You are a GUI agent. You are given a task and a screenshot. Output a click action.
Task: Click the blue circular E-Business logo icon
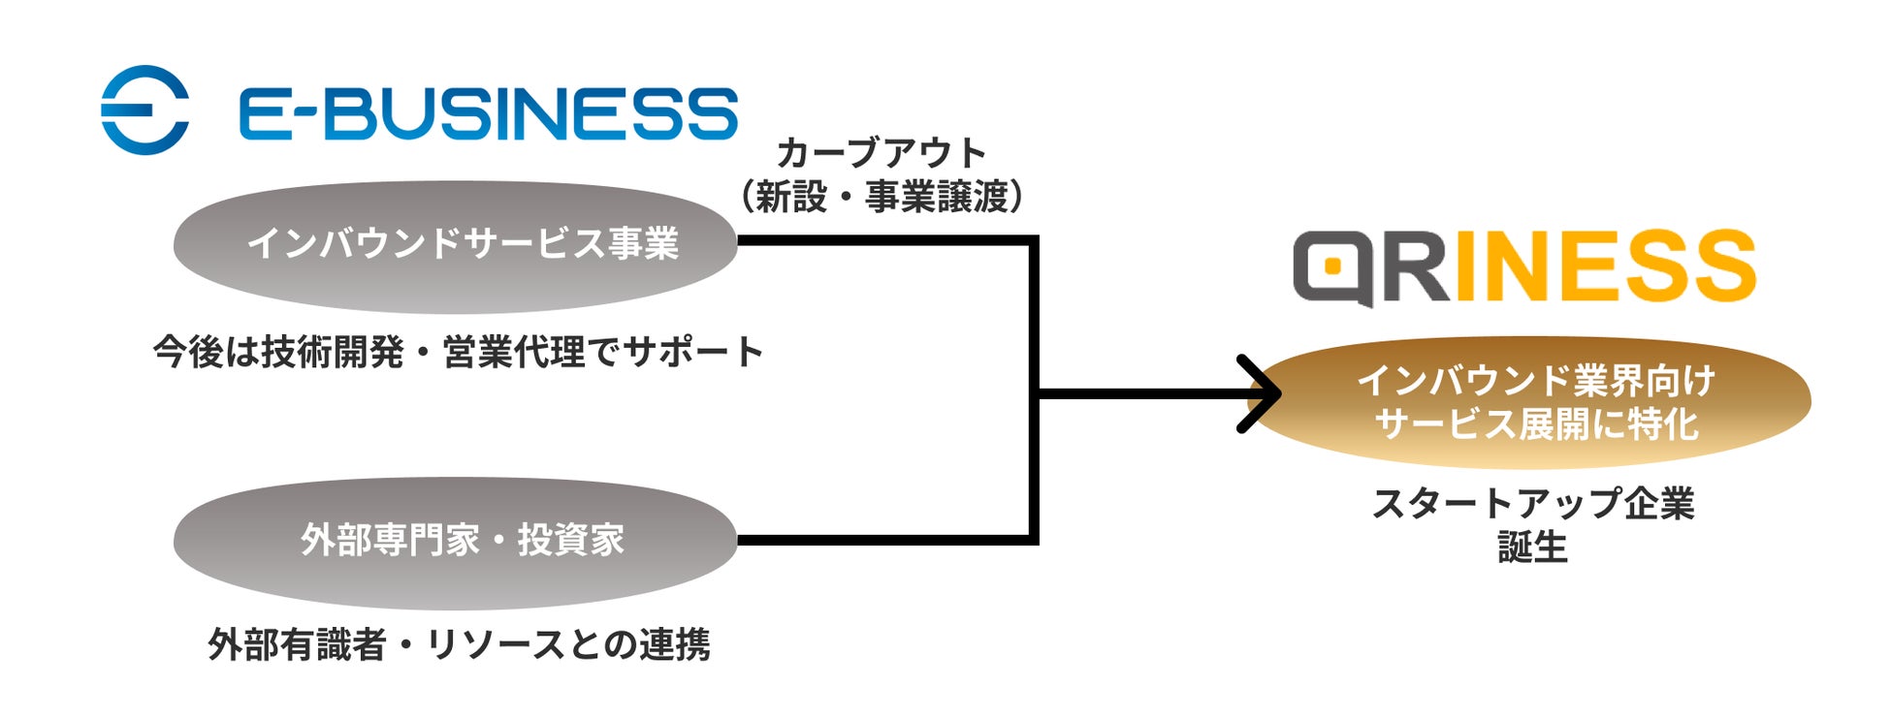point(145,109)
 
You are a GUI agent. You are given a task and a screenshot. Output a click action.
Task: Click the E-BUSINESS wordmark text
point(488,113)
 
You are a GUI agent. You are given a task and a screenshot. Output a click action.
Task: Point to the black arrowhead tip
point(1278,393)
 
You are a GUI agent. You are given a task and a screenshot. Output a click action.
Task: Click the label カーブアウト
point(881,153)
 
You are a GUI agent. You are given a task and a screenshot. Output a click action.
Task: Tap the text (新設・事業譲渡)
point(881,198)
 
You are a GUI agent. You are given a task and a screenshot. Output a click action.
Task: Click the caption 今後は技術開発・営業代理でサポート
point(458,352)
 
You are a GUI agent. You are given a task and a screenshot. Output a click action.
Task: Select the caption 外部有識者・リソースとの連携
point(459,644)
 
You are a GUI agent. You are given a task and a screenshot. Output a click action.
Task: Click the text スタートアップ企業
point(1533,504)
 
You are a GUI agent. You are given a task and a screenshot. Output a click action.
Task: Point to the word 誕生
point(1532,547)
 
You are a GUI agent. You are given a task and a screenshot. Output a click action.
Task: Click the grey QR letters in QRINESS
point(1371,267)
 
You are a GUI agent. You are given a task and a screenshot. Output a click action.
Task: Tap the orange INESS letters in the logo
point(1604,266)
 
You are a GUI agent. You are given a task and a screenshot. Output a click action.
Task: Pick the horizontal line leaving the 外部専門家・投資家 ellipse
point(882,540)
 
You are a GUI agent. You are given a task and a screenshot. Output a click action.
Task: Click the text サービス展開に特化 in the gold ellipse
point(1537,424)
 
